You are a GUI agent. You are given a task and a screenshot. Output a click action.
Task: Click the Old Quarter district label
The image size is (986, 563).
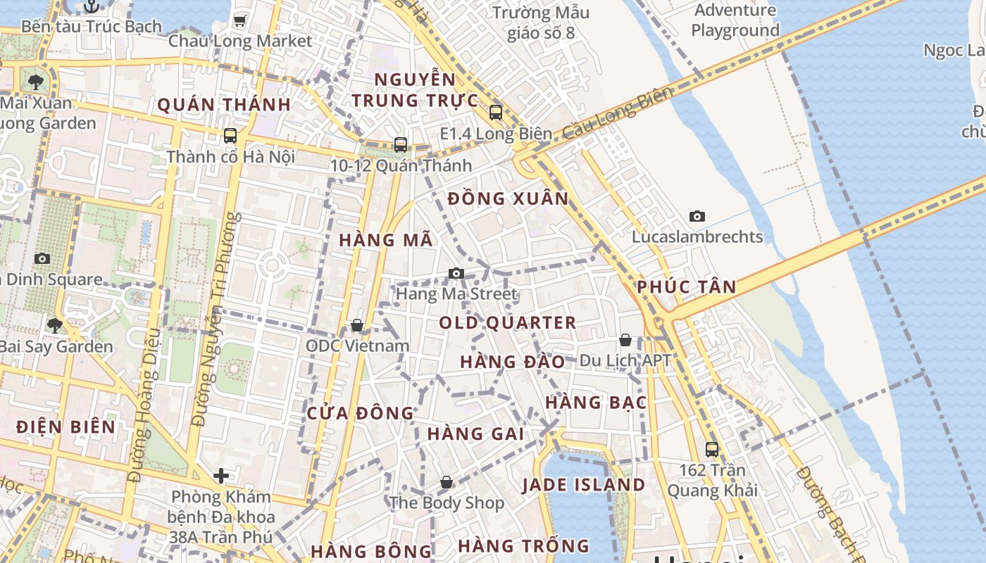point(508,323)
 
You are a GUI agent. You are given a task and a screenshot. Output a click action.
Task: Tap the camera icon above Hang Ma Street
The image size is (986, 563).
point(456,273)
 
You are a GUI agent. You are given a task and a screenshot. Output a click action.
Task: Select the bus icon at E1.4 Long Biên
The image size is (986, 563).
point(496,112)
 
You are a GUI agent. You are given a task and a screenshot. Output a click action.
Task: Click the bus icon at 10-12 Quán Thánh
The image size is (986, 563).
point(401,145)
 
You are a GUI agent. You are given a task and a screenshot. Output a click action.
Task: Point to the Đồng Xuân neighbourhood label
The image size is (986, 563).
point(508,199)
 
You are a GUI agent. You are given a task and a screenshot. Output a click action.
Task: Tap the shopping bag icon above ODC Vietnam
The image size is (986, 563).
point(357,325)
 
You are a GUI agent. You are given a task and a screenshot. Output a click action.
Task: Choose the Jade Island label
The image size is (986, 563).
point(584,485)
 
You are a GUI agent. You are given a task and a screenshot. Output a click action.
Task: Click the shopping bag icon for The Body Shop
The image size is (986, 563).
point(447,482)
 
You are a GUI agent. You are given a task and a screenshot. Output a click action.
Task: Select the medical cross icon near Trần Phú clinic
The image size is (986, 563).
point(221,476)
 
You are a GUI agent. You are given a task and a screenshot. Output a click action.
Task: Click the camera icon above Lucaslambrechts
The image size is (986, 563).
point(697,216)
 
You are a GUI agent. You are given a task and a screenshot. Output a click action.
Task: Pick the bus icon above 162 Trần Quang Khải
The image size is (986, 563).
point(712,449)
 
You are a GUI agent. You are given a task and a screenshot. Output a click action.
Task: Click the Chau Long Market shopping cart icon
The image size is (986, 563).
point(239,20)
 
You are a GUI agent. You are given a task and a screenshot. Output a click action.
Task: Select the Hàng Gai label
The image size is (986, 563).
point(476,434)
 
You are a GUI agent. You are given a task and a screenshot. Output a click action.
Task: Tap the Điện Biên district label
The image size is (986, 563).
point(65,427)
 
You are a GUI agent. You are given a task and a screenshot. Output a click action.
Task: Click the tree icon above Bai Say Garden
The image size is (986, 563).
point(55,325)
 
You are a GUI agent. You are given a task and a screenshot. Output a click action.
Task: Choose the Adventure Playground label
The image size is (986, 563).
point(735,20)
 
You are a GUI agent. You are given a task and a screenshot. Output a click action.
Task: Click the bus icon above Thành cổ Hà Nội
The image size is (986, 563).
point(230,135)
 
